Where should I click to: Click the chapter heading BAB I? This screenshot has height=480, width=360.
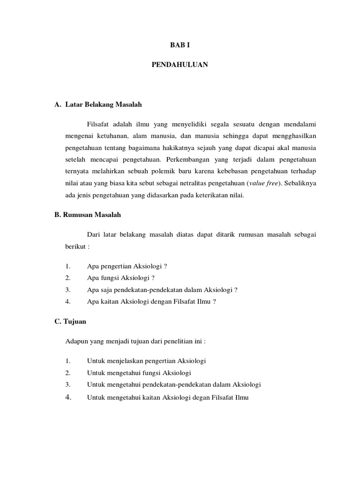point(180,45)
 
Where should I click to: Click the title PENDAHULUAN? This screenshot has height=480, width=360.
point(180,66)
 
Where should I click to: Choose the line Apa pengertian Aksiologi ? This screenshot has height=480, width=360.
point(127,266)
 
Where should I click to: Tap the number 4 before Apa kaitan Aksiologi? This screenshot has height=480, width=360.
point(68,301)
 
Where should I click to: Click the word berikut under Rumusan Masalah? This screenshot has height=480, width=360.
point(74,246)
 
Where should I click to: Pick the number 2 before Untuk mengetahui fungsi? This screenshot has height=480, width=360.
point(68,373)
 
